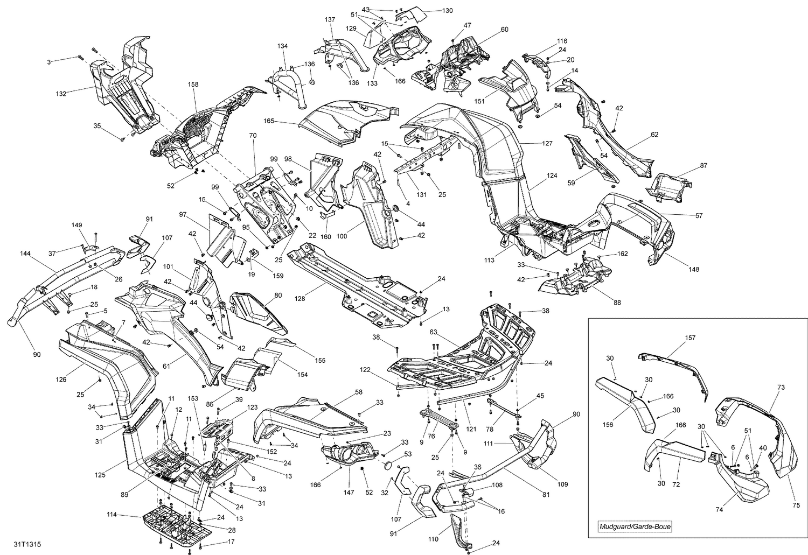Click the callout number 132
61,94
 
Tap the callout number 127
547,144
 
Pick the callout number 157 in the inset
690,338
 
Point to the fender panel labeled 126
108,371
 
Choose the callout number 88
617,303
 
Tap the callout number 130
448,11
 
